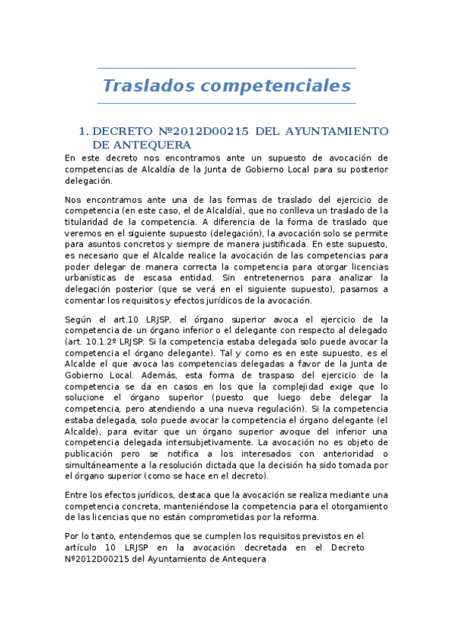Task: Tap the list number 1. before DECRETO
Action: (x=85, y=132)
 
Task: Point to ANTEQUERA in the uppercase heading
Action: (x=141, y=144)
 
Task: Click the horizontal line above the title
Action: (x=227, y=67)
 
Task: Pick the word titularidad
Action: (x=92, y=222)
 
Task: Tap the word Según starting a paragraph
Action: (x=80, y=319)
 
